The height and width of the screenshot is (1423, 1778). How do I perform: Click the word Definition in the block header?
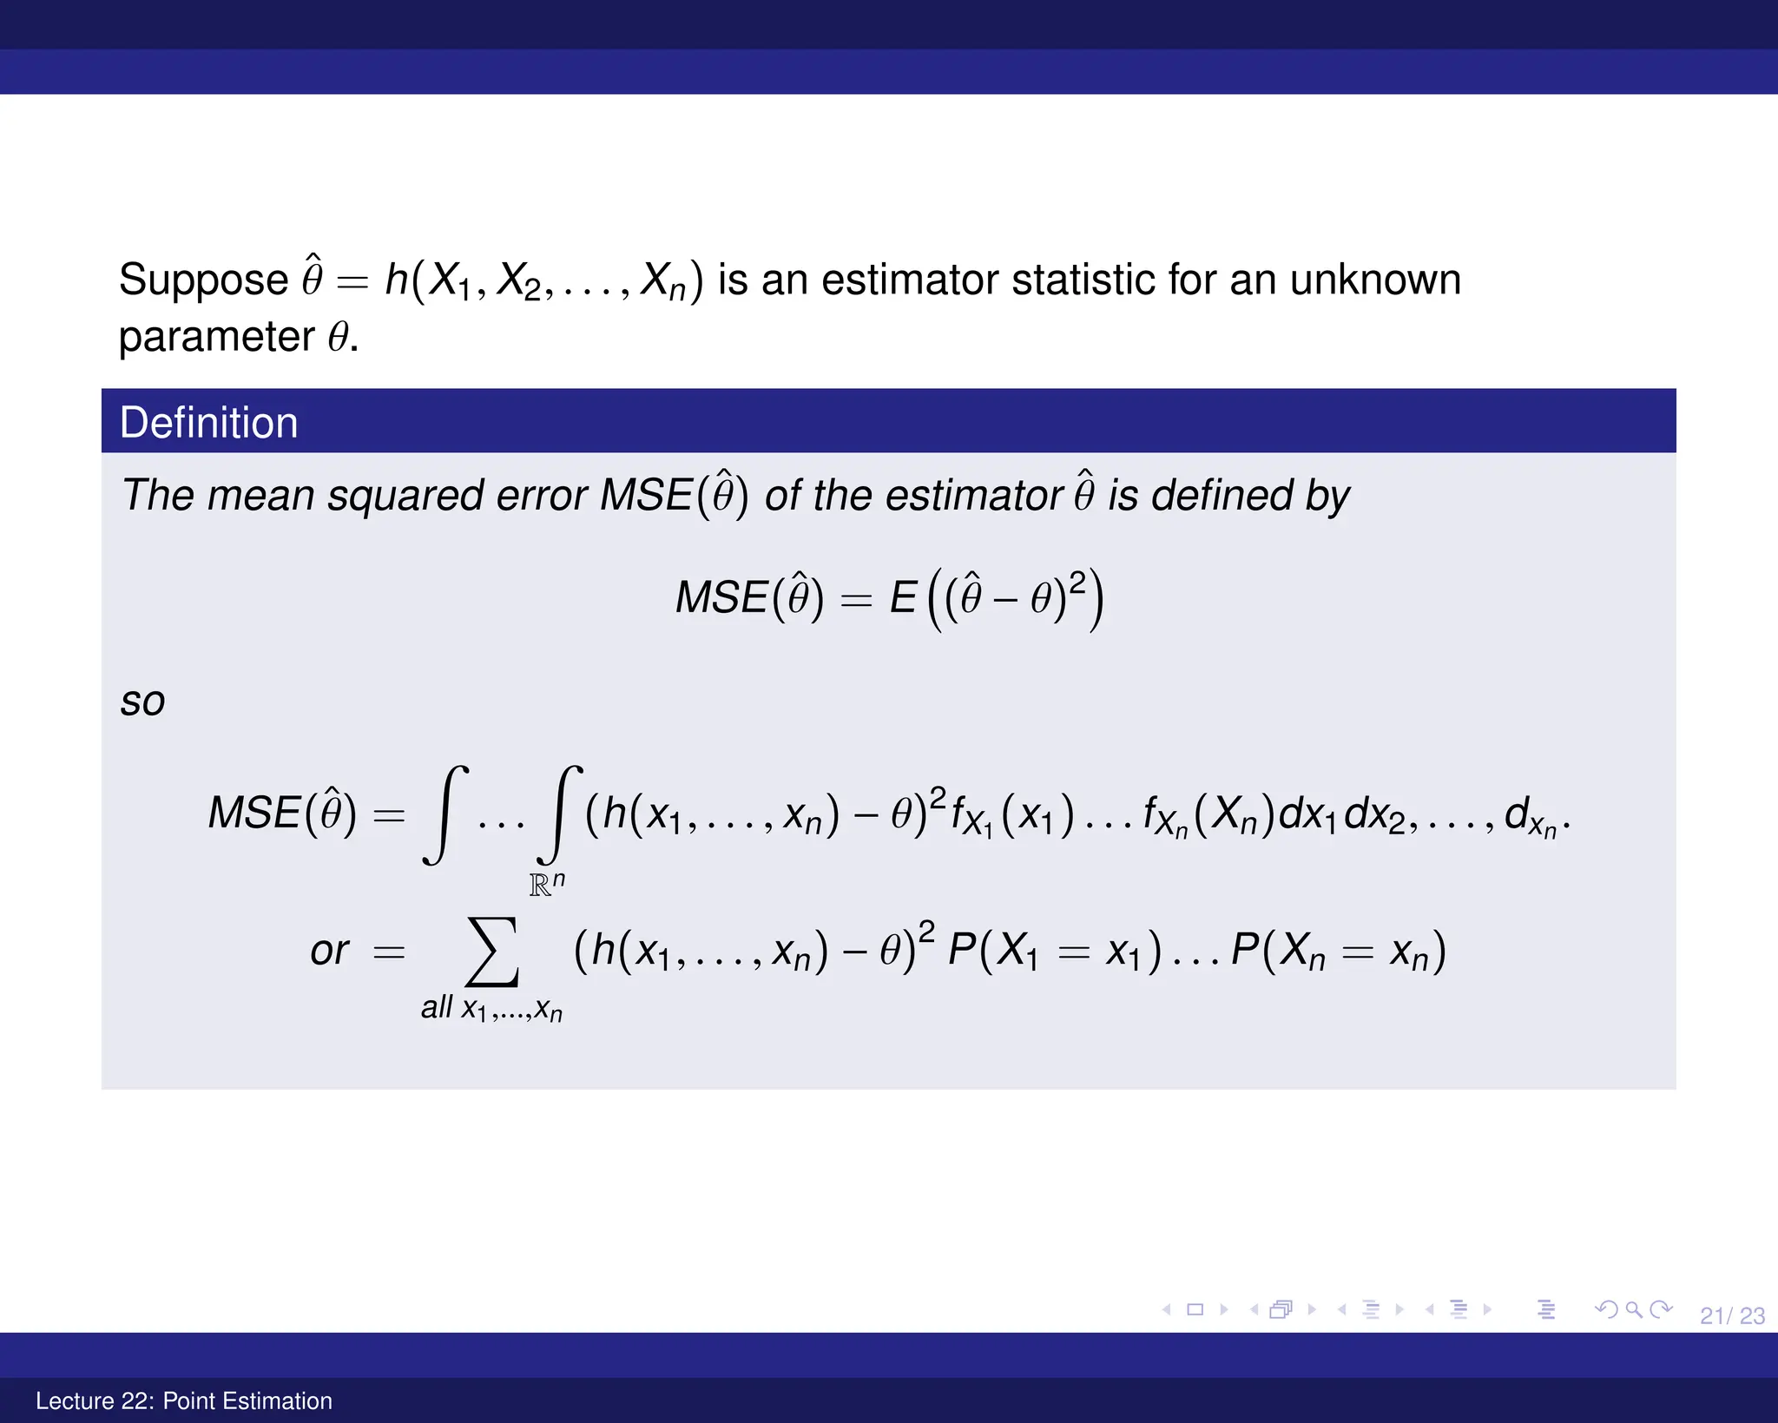(x=208, y=423)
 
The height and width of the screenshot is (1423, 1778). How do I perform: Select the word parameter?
(x=216, y=338)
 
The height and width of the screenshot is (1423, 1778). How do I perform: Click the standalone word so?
(x=142, y=702)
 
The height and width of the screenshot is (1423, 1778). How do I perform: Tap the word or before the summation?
(x=329, y=951)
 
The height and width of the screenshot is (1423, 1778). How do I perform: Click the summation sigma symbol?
(x=492, y=952)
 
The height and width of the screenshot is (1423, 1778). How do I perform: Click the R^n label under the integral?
(x=547, y=884)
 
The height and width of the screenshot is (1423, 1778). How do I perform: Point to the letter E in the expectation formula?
(x=903, y=597)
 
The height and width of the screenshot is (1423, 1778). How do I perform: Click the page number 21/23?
(x=1732, y=1316)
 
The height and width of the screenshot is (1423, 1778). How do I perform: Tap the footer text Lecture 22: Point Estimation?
(x=184, y=1400)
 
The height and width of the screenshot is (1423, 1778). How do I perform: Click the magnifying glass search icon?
(x=1634, y=1309)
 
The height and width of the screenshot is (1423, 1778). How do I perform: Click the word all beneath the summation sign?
(x=436, y=1007)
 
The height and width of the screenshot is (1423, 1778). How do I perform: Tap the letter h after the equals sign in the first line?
(x=397, y=280)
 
